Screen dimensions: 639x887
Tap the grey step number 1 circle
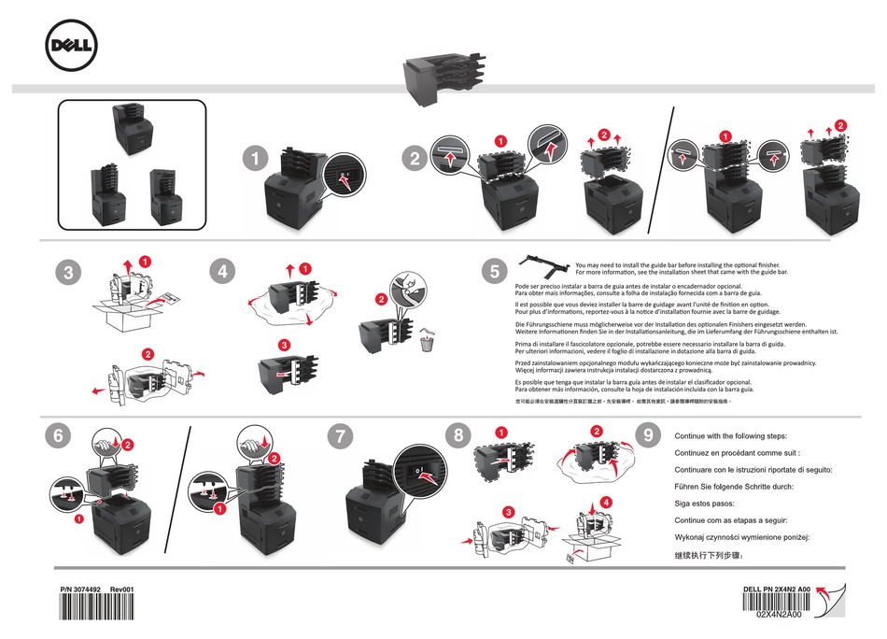pyautogui.click(x=253, y=159)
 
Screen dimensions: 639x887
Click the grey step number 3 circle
pyautogui.click(x=63, y=273)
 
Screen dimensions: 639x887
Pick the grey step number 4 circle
pyautogui.click(x=222, y=272)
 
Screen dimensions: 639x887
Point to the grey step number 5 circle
pyautogui.click(x=495, y=272)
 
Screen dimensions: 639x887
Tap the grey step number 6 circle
pyautogui.click(x=58, y=434)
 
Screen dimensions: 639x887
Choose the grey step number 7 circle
pyautogui.click(x=342, y=434)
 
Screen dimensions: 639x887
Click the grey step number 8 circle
pyautogui.click(x=457, y=434)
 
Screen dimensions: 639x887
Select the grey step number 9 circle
pyautogui.click(x=648, y=434)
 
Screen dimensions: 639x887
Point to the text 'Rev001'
pyautogui.click(x=123, y=589)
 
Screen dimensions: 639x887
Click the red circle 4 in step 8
pyautogui.click(x=608, y=502)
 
